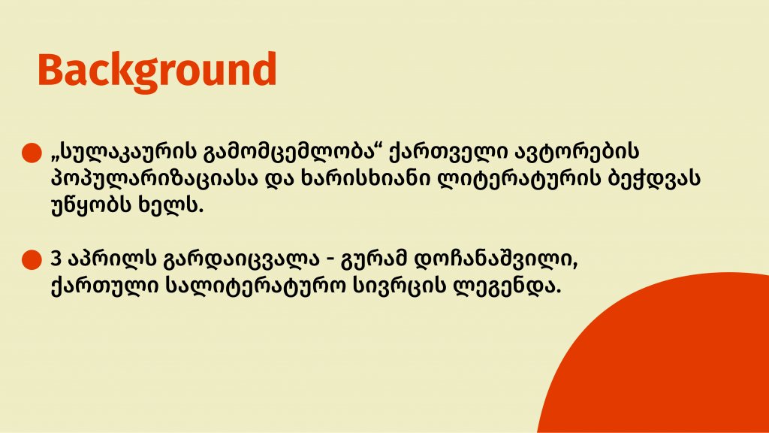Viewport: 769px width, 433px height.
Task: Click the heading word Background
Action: (x=157, y=71)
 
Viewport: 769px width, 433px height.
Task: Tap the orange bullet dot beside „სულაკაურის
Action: (x=32, y=153)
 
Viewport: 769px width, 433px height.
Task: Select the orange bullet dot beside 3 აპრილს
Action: (x=32, y=259)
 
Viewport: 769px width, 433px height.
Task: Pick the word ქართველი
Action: (x=448, y=152)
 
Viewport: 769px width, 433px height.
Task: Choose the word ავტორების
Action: (x=577, y=152)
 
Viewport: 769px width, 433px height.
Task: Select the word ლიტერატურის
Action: (x=519, y=179)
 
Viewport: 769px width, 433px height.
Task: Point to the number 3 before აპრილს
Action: (x=56, y=259)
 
